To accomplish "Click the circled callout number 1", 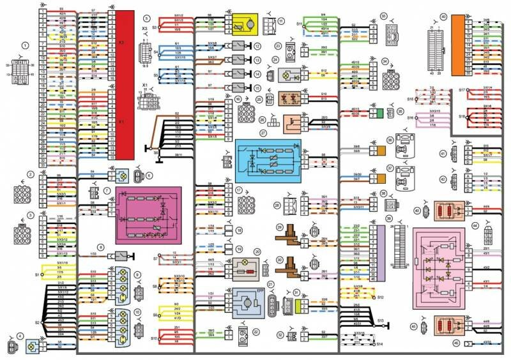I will [25, 45].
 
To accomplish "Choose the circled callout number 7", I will [107, 190].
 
